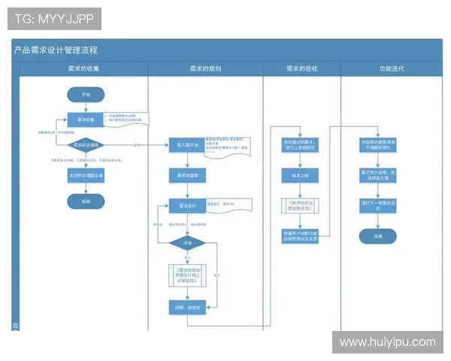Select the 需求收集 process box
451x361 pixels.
pos(85,119)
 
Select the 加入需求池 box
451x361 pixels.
pos(182,144)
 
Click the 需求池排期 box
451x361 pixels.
pos(182,174)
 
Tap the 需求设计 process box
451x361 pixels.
pos(182,205)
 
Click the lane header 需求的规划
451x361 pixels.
pos(205,68)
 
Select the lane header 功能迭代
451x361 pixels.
pos(391,68)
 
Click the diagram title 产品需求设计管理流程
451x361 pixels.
pos(56,50)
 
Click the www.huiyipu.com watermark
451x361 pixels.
pos(387,342)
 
